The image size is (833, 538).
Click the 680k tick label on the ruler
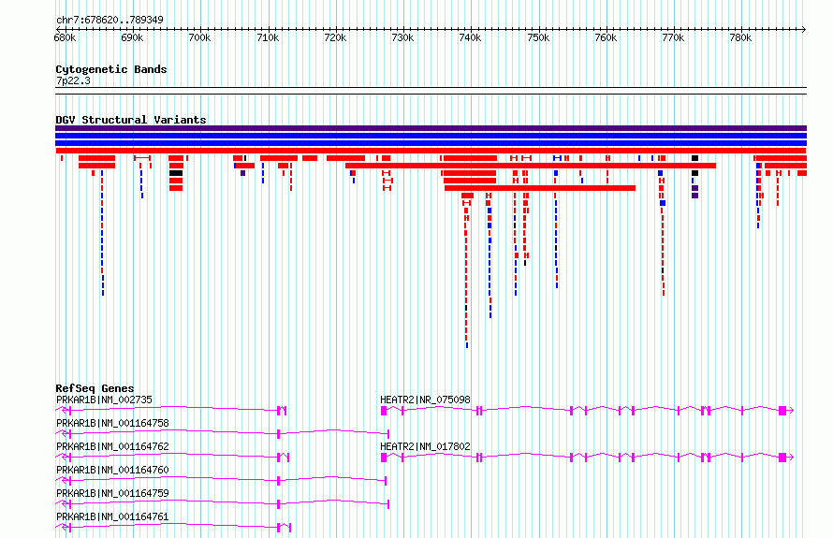tap(65, 38)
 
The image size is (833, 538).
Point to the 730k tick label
tap(402, 38)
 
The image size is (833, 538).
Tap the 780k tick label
tap(740, 38)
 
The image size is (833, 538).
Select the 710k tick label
tap(268, 38)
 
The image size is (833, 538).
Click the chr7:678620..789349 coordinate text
tap(110, 21)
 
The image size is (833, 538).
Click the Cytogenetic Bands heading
tap(111, 69)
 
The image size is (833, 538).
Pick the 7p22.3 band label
tap(73, 80)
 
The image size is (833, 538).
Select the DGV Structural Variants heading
tap(131, 120)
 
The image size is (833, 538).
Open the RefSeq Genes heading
tap(95, 388)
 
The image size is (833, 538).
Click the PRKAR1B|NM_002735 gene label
tap(104, 400)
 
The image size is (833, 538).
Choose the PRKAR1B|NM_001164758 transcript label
tap(112, 423)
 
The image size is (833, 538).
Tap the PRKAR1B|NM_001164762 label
tap(112, 446)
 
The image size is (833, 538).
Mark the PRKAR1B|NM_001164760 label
tap(112, 470)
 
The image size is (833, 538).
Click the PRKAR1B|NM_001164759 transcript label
tap(112, 493)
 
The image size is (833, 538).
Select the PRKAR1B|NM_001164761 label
tap(112, 516)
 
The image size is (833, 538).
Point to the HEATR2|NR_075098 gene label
tap(426, 400)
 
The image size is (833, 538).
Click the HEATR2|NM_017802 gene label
tap(426, 446)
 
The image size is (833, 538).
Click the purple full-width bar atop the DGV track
tap(431, 128)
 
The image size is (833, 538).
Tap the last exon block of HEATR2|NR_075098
tap(782, 411)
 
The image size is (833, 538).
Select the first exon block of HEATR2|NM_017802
tap(384, 458)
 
